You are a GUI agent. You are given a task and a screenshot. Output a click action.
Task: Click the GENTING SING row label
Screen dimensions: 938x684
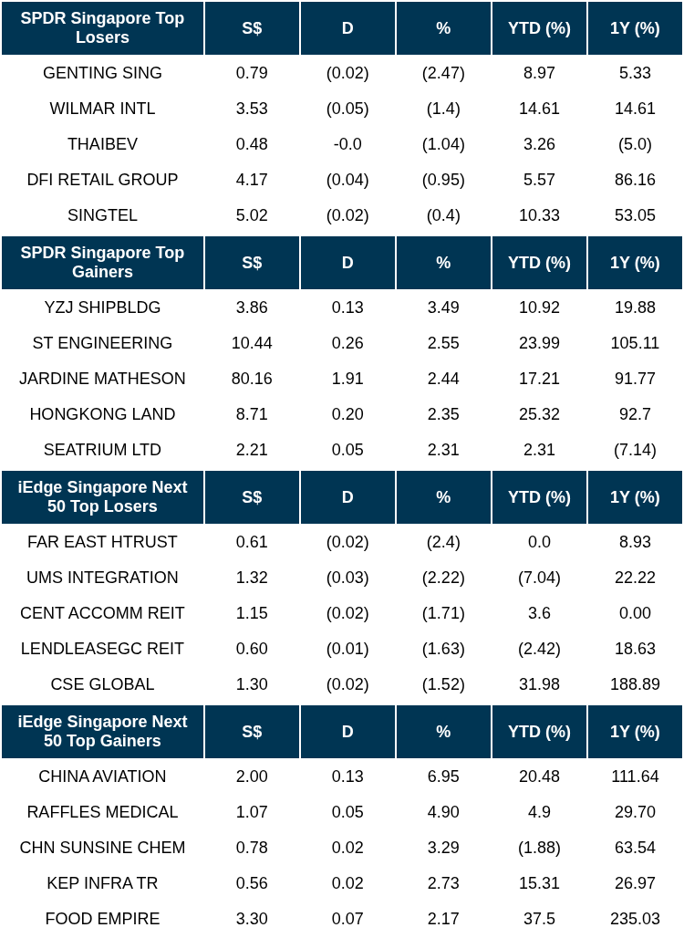tap(102, 73)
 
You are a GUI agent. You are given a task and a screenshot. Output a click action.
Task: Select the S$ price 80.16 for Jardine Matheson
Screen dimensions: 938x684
tap(252, 379)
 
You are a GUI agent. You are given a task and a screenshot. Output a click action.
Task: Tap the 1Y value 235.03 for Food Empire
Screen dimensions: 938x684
tap(635, 919)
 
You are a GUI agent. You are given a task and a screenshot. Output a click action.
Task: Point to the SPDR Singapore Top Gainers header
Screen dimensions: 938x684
tap(102, 263)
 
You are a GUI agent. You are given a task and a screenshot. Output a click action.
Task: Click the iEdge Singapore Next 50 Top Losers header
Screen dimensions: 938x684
tap(102, 497)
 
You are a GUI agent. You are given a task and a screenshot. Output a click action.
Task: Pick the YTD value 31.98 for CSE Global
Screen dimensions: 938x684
tap(539, 684)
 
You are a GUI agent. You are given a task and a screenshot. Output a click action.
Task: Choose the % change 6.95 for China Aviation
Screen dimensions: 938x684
tap(443, 776)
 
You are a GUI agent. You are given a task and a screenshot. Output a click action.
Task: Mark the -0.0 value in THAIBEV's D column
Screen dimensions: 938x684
tap(347, 144)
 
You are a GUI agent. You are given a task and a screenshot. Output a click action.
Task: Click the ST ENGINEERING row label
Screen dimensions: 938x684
tap(102, 343)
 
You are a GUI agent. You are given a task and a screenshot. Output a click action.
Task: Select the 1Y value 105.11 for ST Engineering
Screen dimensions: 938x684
tap(635, 343)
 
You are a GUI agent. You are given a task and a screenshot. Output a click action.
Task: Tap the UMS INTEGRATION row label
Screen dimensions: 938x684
tap(102, 578)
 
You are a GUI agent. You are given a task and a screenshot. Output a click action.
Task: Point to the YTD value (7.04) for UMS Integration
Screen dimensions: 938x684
tap(539, 578)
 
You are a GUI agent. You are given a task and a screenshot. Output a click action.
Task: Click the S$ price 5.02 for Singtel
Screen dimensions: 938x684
tap(252, 215)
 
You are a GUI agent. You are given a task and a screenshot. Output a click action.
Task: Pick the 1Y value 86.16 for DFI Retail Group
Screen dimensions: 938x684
tap(635, 180)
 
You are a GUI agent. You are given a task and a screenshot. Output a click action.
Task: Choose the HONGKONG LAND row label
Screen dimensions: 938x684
tap(102, 414)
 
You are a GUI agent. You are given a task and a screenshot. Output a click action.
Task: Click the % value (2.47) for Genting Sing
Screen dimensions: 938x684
tap(443, 73)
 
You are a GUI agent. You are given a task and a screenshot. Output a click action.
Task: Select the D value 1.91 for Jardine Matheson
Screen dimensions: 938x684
tap(347, 379)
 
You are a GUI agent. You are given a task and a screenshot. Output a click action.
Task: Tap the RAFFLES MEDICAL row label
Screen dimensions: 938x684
tap(102, 812)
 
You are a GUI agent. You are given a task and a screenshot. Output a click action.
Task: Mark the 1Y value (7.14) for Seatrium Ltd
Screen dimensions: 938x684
tap(635, 450)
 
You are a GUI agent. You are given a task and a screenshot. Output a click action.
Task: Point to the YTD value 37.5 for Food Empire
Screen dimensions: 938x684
tap(539, 919)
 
